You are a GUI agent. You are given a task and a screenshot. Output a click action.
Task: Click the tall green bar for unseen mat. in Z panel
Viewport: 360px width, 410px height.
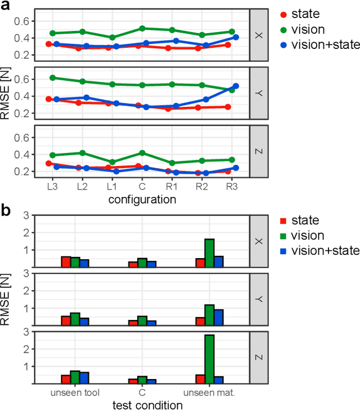[x=209, y=359]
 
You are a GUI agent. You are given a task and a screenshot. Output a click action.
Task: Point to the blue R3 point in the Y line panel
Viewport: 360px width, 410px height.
[x=236, y=86]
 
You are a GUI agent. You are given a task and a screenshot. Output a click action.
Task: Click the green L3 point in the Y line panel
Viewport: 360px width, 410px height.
[x=52, y=78]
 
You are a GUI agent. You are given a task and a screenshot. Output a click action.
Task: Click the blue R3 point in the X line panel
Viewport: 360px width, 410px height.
[x=236, y=37]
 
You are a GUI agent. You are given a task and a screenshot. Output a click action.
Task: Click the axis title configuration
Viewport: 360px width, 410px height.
[x=142, y=199]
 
